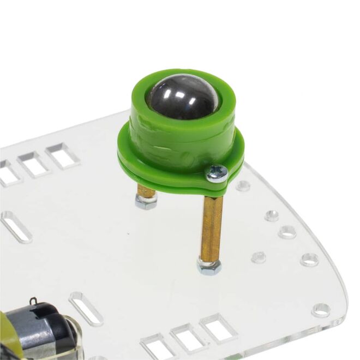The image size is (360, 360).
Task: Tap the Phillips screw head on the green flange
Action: pyautogui.click(x=217, y=173)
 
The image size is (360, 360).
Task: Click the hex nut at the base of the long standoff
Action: pyautogui.click(x=209, y=266)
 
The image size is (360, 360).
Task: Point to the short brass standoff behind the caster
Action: pyautogui.click(x=147, y=190)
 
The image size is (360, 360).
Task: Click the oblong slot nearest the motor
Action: pyautogui.click(x=86, y=308)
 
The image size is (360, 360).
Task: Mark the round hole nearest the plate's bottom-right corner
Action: pyautogui.click(x=321, y=310)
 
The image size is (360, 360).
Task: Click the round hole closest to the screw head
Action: pyautogui.click(x=243, y=186)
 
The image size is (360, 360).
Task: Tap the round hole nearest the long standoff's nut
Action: pyautogui.click(x=259, y=256)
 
